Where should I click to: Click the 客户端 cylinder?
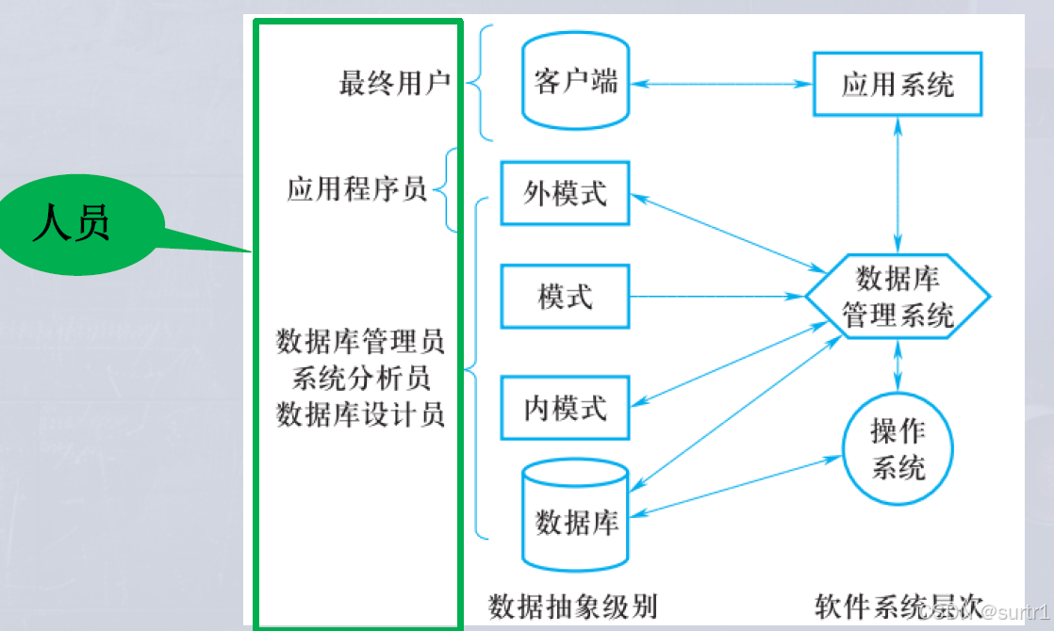coord(576,84)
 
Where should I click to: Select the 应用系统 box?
coord(897,84)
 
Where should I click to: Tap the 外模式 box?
coord(565,193)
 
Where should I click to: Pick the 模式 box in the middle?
coord(565,298)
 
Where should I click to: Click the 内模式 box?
coord(565,408)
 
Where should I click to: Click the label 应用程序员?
coord(356,189)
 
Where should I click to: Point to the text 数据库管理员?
coord(360,341)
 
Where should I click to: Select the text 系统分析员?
coord(360,378)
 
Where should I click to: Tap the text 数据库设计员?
coord(360,414)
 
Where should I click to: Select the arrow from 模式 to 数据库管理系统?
coord(716,298)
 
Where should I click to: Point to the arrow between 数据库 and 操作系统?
coord(735,486)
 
